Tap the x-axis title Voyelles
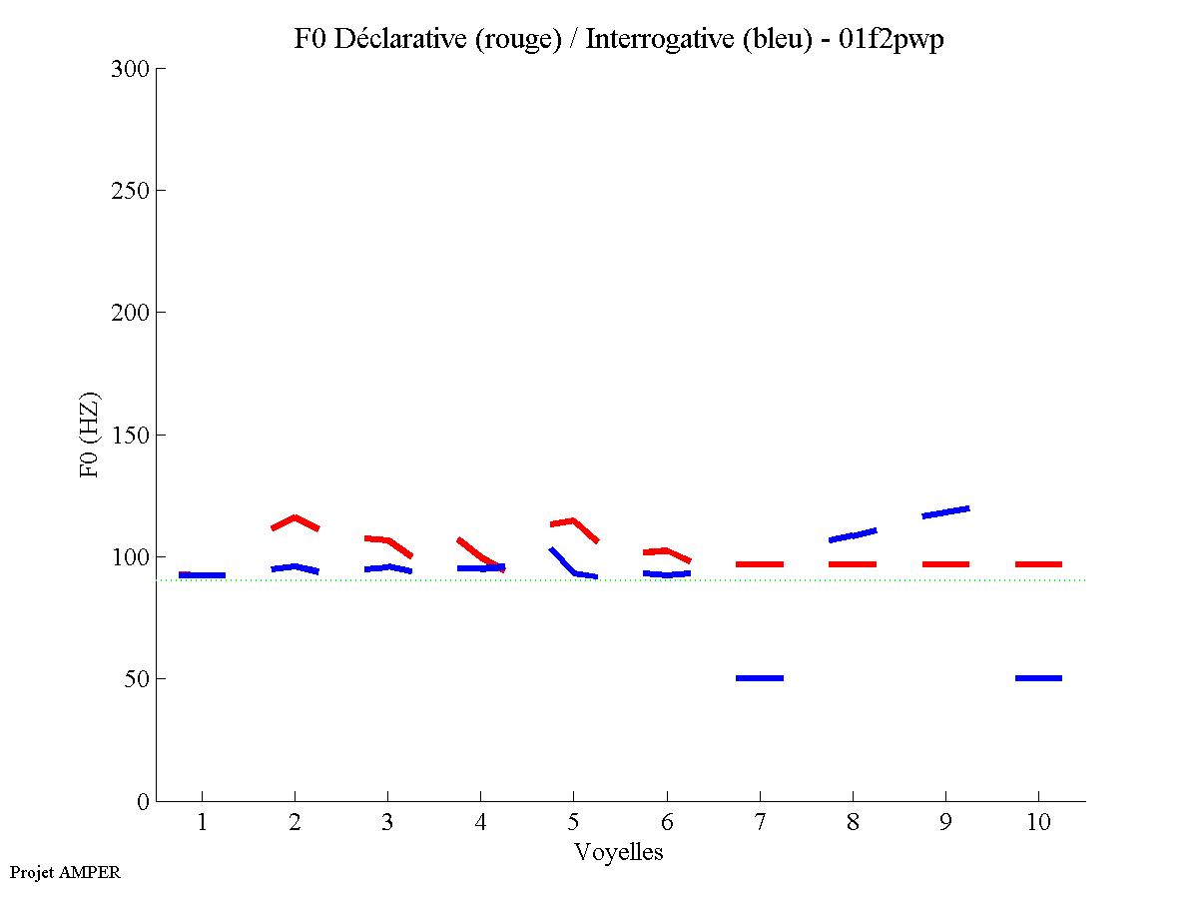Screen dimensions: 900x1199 coord(619,852)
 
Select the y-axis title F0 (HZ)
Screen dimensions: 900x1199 coord(90,435)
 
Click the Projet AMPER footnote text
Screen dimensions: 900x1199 coord(65,872)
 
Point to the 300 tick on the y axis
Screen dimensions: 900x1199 coord(131,69)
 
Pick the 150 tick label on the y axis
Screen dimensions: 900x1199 coord(131,436)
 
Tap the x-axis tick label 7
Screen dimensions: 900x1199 coord(760,822)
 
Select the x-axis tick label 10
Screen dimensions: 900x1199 coord(1038,822)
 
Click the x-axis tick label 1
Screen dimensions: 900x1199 coord(202,822)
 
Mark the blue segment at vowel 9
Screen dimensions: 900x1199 coord(945,512)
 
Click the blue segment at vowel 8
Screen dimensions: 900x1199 coord(853,534)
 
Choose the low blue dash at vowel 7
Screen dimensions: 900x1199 coord(760,678)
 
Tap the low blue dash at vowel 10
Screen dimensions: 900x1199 coord(1038,678)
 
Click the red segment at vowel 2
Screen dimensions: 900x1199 coord(295,520)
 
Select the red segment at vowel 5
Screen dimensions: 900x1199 coord(574,523)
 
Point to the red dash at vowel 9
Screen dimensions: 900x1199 coord(945,564)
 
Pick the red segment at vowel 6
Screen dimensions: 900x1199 coord(667,552)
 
